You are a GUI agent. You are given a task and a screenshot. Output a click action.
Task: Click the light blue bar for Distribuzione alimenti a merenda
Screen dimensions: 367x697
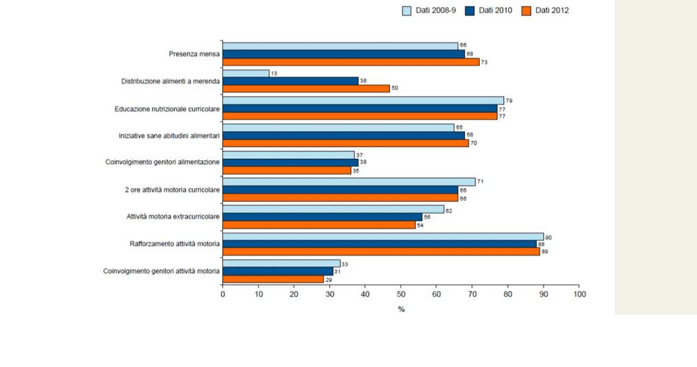click(246, 73)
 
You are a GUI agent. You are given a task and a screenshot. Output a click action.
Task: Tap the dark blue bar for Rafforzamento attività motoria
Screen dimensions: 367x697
click(379, 244)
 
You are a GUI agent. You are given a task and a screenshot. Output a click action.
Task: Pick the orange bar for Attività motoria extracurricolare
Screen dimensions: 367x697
click(318, 225)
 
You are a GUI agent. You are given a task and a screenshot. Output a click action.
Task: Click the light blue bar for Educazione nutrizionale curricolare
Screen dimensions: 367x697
click(363, 100)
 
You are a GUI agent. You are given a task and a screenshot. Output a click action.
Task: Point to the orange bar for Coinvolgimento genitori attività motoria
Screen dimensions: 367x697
click(274, 279)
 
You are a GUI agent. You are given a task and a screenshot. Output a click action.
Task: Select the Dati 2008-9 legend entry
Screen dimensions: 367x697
click(425, 10)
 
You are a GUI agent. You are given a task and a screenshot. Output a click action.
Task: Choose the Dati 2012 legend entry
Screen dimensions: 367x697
click(545, 10)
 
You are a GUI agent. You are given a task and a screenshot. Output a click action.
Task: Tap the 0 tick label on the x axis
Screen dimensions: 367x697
click(223, 294)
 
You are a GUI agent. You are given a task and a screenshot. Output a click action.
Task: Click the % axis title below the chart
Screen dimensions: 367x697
click(401, 309)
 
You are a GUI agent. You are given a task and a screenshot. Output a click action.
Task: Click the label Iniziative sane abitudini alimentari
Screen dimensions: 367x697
click(169, 135)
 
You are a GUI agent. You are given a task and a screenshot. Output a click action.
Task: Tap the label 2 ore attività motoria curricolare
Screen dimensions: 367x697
click(171, 189)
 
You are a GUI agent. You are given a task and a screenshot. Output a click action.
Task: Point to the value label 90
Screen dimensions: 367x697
click(549, 237)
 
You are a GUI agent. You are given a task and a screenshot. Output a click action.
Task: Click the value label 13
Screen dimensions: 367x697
click(274, 73)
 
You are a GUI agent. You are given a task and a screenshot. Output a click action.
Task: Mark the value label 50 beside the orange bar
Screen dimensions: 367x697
click(394, 89)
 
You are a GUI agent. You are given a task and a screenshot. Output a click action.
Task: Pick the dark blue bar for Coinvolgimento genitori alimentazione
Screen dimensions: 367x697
click(290, 162)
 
